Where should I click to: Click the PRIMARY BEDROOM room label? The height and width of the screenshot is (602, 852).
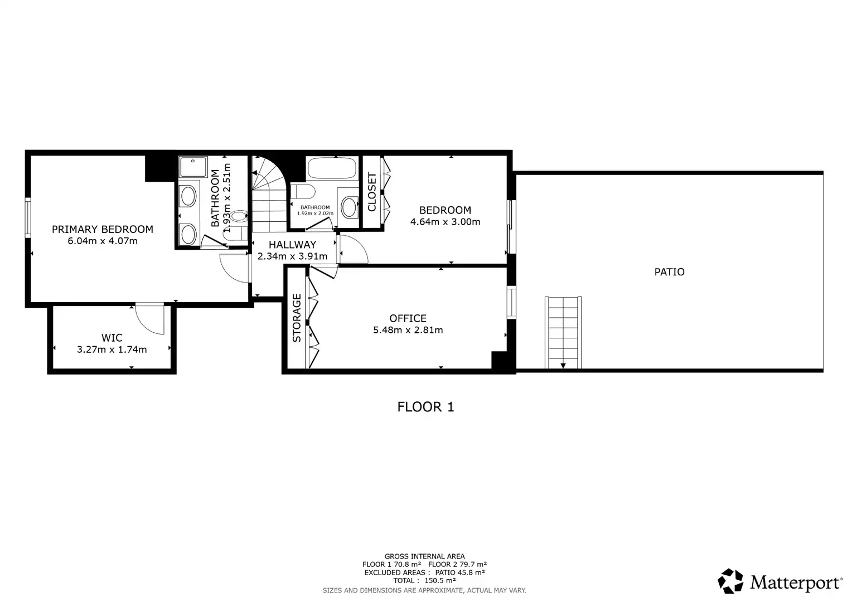click(102, 229)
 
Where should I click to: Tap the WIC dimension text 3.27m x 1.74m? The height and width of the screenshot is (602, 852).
click(112, 349)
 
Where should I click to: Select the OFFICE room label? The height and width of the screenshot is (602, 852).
click(408, 318)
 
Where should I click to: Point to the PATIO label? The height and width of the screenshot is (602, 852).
click(670, 272)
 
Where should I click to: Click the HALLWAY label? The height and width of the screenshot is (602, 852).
click(293, 245)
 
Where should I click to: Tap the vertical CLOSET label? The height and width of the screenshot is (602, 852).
click(371, 192)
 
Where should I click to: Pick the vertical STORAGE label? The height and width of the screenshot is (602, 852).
click(297, 318)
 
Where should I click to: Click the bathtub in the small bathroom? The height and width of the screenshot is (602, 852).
click(332, 168)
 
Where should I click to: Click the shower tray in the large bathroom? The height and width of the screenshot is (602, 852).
click(193, 167)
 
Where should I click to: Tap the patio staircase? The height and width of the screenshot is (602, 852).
click(563, 332)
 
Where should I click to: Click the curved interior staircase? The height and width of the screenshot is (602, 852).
click(269, 194)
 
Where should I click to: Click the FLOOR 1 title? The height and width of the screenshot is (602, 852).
click(425, 407)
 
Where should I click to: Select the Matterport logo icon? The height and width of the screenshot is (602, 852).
click(730, 581)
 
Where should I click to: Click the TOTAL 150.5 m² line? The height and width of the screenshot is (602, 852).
click(424, 581)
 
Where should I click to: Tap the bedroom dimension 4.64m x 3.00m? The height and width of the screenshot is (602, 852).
click(445, 222)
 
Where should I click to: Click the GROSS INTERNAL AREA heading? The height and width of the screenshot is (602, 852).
click(424, 556)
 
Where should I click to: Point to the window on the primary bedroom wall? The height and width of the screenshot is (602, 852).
click(28, 217)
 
